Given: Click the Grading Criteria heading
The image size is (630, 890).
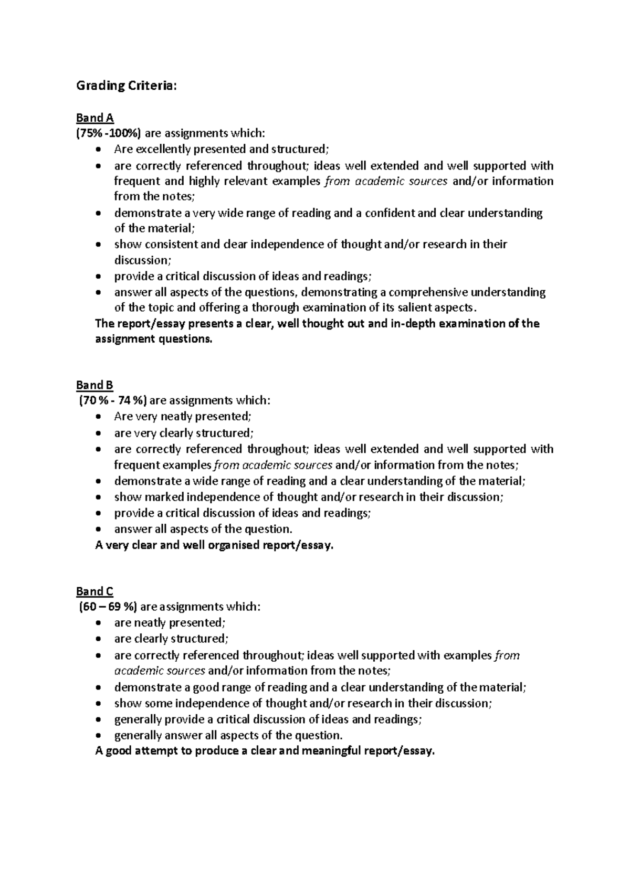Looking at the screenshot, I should click(x=127, y=86).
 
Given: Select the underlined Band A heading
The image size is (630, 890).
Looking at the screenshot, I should click(x=95, y=118).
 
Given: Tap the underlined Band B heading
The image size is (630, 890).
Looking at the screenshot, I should click(x=95, y=385).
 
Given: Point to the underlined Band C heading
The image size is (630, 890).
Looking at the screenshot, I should click(x=95, y=591).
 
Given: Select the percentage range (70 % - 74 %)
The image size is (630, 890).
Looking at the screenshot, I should click(x=113, y=401).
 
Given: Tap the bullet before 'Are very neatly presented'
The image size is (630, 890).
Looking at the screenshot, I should click(x=99, y=417).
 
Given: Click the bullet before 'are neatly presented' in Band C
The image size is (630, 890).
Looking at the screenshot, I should click(x=99, y=623).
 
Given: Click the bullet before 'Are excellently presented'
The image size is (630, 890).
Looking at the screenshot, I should click(x=99, y=150).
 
